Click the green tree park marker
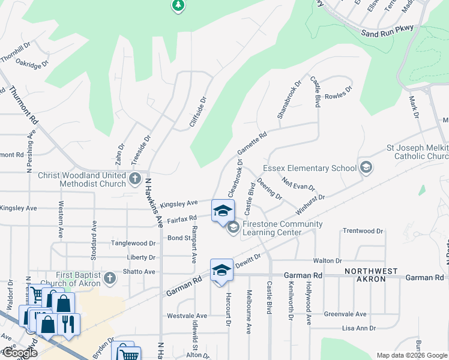click(x=178, y=6)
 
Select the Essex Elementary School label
click(x=310, y=169)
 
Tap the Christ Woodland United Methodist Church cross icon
click(x=136, y=178)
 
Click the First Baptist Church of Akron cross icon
click(x=109, y=278)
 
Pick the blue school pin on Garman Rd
click(x=221, y=270)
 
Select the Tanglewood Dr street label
click(x=133, y=244)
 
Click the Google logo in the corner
click(x=19, y=353)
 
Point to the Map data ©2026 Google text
click(x=411, y=355)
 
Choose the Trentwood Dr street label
click(x=363, y=231)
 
